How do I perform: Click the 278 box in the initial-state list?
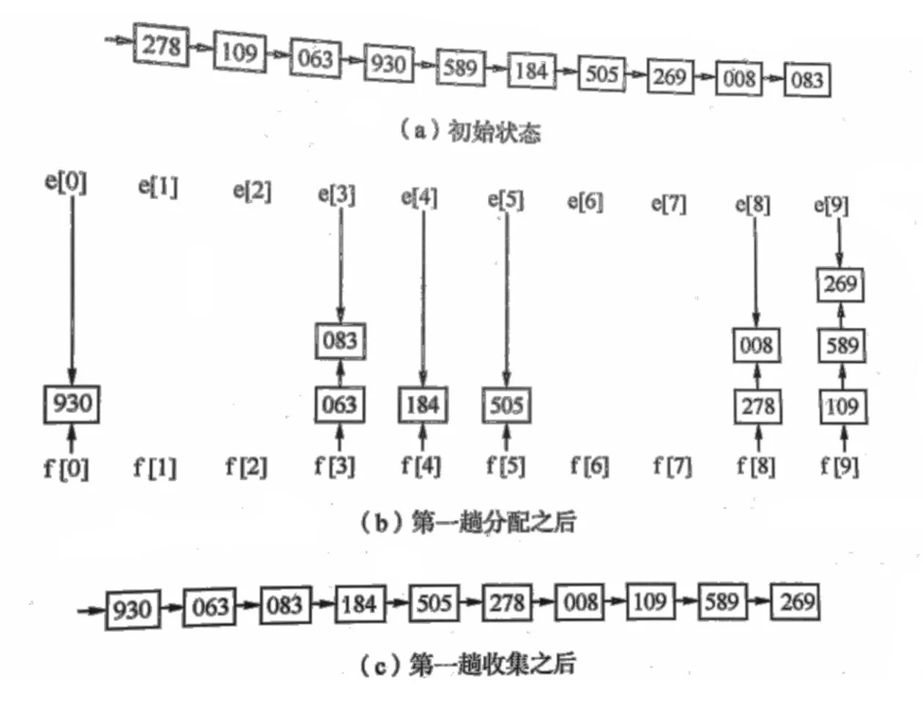161,45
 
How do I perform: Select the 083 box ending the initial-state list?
807,80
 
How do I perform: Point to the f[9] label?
839,466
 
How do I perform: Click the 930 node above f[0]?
72,403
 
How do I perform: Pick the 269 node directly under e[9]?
840,284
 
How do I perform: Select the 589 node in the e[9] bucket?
841,346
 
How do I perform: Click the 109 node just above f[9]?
842,406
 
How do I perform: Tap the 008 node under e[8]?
756,346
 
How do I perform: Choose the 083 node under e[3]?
340,341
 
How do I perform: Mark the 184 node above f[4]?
423,405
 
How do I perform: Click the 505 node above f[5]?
506,405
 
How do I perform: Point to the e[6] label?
585,201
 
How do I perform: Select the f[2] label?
246,466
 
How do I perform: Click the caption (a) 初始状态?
470,132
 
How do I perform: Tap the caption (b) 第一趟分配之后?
468,523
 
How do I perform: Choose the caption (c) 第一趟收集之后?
468,665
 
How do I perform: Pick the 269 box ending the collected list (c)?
796,601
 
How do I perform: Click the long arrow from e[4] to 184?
423,293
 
